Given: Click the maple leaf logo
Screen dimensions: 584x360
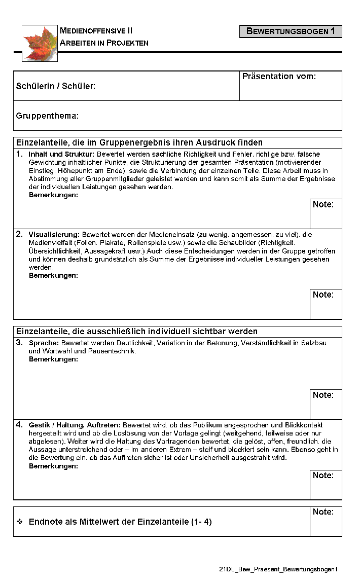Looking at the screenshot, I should [40, 43].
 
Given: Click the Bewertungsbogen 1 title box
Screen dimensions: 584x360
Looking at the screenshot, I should [291, 31].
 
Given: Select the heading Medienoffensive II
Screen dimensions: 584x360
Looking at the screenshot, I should [96, 31].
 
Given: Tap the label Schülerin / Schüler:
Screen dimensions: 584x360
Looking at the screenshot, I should [56, 86].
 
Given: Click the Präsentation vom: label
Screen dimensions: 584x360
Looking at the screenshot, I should [279, 77].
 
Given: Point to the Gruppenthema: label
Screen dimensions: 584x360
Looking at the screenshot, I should [47, 116].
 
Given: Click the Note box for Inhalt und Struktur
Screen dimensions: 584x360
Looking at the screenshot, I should [326, 213].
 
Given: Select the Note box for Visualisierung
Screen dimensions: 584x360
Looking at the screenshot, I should [326, 304].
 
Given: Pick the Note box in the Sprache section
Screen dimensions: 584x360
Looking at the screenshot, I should [326, 404].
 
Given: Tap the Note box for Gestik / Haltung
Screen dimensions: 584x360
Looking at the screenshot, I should [326, 484].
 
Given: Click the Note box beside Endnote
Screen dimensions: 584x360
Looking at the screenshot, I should [326, 521].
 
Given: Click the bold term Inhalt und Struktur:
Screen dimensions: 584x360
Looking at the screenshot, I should [61, 154].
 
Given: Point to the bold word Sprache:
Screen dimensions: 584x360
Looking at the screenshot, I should [44, 343].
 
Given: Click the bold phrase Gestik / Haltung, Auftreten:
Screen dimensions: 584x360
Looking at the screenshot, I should [75, 425].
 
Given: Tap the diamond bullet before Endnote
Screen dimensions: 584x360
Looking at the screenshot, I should [20, 522].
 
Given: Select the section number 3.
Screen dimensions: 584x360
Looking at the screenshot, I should [19, 343].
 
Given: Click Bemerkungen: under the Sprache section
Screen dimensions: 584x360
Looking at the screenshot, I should [53, 359].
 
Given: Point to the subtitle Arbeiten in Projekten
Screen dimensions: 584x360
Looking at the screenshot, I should [104, 43].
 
